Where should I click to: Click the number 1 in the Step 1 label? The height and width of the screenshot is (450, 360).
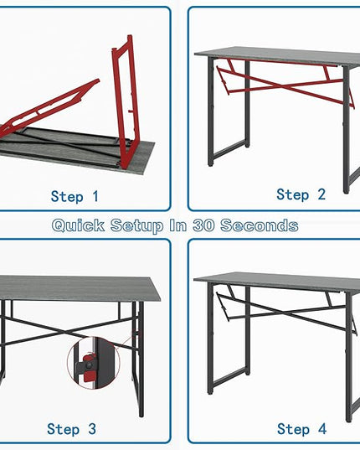coord(95,197)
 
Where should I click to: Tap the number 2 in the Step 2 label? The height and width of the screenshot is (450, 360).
coord(321,194)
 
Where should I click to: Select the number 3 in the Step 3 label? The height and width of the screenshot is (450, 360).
coord(92,429)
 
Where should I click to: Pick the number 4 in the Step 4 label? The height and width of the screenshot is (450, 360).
coord(322,429)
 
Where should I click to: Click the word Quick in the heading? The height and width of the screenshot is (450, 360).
coord(78,225)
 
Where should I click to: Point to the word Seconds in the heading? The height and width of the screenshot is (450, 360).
coord(260,225)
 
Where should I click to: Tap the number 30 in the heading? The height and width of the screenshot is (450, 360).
coord(203,225)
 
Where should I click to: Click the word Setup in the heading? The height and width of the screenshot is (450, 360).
coord(136,225)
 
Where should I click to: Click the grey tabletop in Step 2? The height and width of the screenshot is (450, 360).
coord(277,56)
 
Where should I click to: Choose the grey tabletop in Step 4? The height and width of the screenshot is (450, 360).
coord(277,282)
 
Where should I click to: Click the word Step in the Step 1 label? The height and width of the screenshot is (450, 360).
coord(67,197)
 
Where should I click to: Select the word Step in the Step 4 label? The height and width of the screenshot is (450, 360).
coord(293,429)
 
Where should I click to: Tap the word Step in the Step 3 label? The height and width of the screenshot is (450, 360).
coord(63,429)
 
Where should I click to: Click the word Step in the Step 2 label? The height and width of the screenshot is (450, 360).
coord(293,194)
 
